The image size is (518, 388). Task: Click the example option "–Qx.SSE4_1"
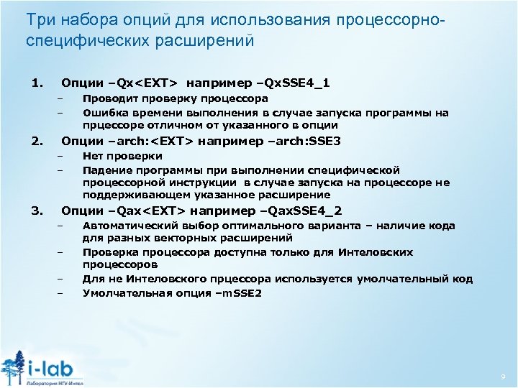(x=288, y=83)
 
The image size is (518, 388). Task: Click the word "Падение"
(x=106, y=170)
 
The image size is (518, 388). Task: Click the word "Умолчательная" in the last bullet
(x=126, y=293)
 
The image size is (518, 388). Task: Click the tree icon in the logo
(x=14, y=366)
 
